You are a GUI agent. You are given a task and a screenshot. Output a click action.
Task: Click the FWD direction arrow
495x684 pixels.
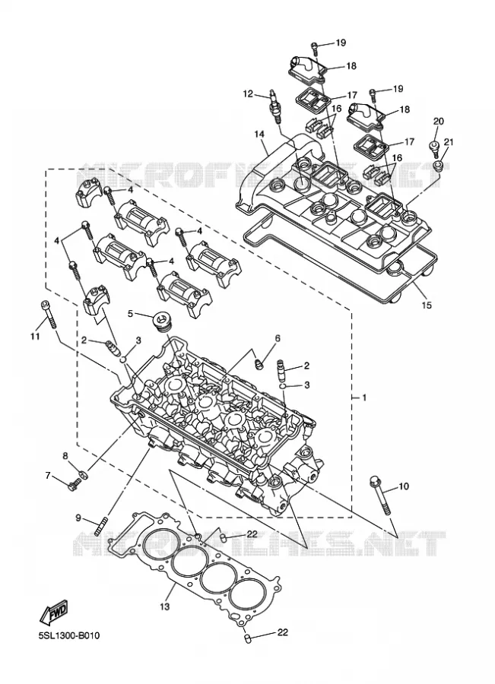(54, 610)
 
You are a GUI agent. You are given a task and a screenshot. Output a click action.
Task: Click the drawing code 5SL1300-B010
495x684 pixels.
(69, 635)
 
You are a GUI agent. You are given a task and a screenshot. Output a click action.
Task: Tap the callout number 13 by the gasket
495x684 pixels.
(164, 606)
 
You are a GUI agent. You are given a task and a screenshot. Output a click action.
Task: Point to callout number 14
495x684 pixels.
(260, 135)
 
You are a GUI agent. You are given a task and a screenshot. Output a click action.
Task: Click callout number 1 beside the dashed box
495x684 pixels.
(364, 397)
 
